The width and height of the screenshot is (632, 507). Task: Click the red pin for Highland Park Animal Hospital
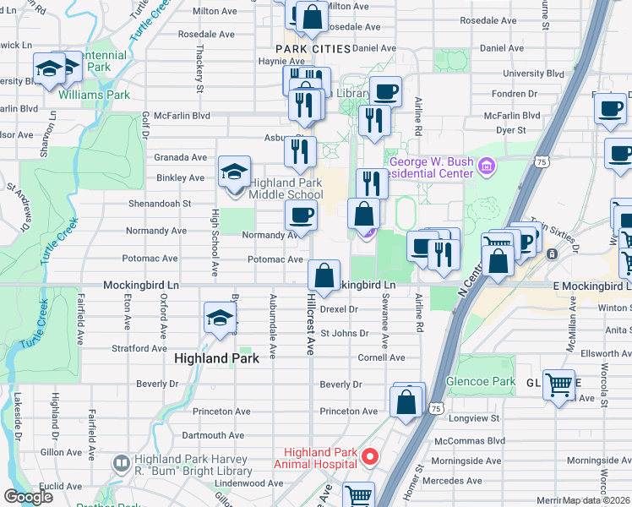(x=369, y=457)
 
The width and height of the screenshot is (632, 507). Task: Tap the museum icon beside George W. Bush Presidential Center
(x=485, y=166)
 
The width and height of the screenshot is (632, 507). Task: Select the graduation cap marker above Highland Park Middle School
(x=234, y=172)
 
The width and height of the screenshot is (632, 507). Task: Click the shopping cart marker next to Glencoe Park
(x=558, y=386)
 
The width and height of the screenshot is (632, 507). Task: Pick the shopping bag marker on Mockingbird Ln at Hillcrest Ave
(x=324, y=275)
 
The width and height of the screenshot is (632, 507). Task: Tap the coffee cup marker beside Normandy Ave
(x=301, y=215)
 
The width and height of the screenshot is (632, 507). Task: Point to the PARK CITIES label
(x=313, y=50)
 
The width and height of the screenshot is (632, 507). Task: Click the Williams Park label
(x=94, y=95)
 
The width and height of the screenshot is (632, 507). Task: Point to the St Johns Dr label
(x=344, y=333)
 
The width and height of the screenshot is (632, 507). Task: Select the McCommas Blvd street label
(x=469, y=440)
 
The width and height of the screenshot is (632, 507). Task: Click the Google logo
(x=29, y=496)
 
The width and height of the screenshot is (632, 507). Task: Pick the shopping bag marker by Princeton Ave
(x=406, y=404)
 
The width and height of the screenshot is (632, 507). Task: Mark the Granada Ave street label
(x=180, y=157)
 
